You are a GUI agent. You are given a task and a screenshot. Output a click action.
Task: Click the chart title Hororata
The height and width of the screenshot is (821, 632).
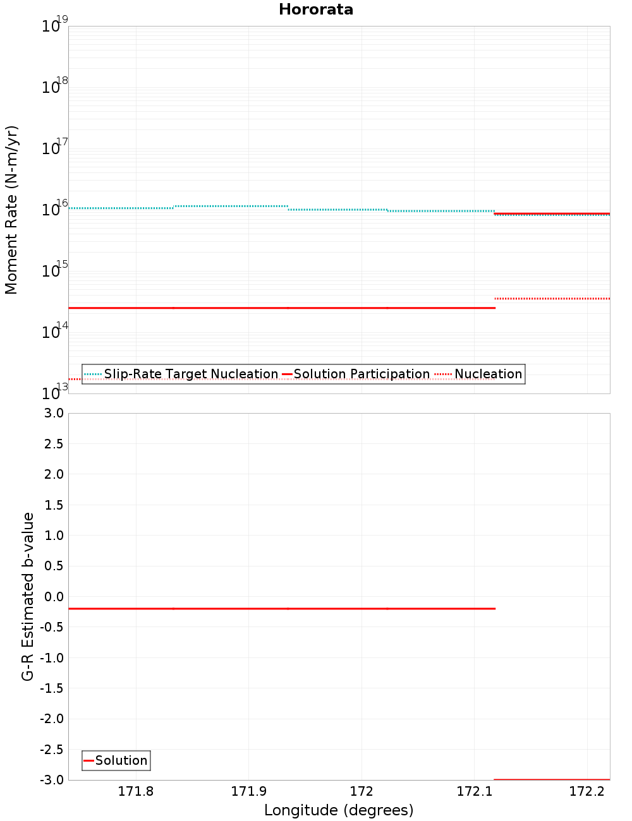coord(316,9)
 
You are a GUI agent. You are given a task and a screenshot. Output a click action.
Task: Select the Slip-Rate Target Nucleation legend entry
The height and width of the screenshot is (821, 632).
coord(181,374)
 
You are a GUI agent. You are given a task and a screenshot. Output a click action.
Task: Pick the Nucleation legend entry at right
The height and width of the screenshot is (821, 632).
coord(479,374)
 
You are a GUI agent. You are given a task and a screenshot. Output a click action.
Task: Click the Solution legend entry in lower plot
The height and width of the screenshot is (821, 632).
coord(116,760)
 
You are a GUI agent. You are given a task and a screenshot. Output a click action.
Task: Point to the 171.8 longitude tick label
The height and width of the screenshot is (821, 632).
coord(136,792)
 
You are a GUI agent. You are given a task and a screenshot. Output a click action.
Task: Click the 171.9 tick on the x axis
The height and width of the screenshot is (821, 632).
coord(248,792)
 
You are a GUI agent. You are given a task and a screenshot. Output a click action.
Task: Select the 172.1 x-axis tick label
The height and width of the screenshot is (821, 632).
coord(474,792)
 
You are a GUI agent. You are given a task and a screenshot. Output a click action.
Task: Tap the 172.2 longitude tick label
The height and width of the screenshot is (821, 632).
coord(586,792)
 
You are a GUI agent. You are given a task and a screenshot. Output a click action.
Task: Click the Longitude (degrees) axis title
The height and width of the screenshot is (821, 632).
coord(339,810)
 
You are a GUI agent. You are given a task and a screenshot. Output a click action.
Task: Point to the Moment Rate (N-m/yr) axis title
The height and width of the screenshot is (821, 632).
coord(11,210)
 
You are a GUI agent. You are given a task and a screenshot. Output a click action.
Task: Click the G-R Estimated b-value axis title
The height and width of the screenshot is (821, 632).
coord(28,596)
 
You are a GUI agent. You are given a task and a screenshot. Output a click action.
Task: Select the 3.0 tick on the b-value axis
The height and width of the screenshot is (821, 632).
coord(53,413)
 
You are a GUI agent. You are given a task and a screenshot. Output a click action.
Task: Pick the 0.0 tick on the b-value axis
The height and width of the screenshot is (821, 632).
coord(53,597)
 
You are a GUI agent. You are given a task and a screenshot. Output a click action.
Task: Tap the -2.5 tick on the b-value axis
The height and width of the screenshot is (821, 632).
coord(52,750)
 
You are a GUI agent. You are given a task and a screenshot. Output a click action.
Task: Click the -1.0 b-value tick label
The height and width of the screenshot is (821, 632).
coord(52,658)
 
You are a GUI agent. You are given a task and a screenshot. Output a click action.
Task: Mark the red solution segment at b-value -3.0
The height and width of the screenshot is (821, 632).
coord(552,779)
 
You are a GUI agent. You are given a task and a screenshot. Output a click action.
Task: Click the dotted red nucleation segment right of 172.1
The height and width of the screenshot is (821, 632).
coord(552,298)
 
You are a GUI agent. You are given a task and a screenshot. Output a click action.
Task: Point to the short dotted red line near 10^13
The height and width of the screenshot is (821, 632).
coord(75,379)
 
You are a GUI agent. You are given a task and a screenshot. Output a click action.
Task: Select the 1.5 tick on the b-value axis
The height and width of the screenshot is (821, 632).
coord(53,505)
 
